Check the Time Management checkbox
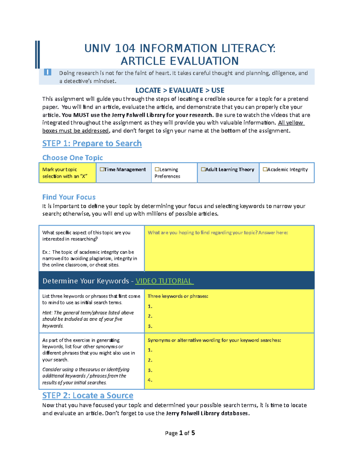102,170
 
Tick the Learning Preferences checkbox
157,170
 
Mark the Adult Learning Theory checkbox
203,170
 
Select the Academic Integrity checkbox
265,170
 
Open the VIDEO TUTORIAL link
164,281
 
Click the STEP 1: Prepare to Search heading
92,143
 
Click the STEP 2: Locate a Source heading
88,395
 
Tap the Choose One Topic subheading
72,158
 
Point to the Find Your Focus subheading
69,197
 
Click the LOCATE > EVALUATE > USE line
180,90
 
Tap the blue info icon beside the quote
47,72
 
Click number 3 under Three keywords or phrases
150,326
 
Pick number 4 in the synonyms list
150,380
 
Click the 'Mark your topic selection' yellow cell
67,173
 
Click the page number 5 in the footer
193,433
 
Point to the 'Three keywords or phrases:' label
178,296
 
